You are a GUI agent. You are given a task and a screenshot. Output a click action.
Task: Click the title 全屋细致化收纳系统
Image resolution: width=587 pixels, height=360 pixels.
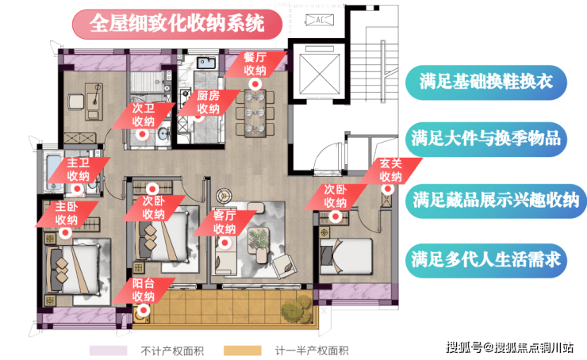[x=177, y=25]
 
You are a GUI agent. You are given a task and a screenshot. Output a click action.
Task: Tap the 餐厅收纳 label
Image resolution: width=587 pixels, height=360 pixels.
[x=255, y=64]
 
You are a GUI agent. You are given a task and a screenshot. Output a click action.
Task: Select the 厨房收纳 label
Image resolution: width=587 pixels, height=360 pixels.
[x=208, y=102]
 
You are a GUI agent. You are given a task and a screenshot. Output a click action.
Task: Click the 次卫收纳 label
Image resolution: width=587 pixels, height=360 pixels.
[x=144, y=115]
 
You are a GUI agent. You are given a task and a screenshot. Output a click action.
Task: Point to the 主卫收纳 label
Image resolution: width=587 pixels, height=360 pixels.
[x=79, y=170]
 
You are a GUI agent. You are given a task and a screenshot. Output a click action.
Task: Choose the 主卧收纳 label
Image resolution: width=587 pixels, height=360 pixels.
[x=67, y=213]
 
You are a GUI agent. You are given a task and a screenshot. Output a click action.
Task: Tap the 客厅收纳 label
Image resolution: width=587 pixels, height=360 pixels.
[x=224, y=222]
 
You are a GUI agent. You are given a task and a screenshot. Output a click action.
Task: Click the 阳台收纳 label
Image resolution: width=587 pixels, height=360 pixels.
[x=144, y=290]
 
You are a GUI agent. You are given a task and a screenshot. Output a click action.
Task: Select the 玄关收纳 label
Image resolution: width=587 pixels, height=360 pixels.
[x=391, y=170]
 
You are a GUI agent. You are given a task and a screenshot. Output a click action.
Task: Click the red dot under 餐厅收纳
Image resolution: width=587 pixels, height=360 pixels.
[x=255, y=84]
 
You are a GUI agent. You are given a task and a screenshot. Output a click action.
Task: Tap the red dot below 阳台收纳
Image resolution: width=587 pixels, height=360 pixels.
[x=144, y=310]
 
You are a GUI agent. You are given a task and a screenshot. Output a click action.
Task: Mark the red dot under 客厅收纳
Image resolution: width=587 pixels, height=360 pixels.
[x=224, y=243]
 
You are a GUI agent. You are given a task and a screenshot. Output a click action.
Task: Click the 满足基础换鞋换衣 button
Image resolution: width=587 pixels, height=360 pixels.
[x=486, y=82]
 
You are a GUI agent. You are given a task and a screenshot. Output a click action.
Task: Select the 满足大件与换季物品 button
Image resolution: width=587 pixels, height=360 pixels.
[x=486, y=140]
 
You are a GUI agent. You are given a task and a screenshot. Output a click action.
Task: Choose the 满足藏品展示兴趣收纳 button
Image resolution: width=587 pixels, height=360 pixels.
[x=496, y=201]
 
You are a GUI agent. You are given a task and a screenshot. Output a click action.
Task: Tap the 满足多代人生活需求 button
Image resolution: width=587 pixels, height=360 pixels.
[x=486, y=260]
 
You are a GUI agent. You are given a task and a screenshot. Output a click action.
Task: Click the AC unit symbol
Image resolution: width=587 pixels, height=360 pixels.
[x=320, y=20]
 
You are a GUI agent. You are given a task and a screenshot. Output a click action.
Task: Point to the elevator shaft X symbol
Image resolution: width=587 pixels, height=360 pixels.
[x=320, y=74]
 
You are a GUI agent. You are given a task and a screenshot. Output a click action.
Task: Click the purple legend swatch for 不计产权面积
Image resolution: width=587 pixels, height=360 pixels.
[x=108, y=350]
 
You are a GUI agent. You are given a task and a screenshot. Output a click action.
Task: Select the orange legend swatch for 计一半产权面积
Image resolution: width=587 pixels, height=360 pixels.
[x=242, y=350]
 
